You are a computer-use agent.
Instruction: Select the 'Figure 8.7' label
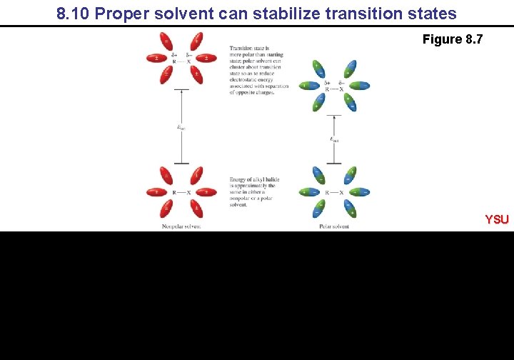pyautogui.click(x=452, y=39)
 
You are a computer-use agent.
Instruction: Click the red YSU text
pyautogui.click(x=497, y=219)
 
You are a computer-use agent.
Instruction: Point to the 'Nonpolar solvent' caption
pyautogui.click(x=181, y=226)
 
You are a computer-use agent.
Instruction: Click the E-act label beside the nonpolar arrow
pyautogui.click(x=181, y=127)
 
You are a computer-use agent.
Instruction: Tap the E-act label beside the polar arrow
pyautogui.click(x=334, y=139)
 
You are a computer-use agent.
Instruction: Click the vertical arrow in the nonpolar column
pyautogui.click(x=181, y=126)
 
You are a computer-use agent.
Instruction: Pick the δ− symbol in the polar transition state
pyautogui.click(x=342, y=83)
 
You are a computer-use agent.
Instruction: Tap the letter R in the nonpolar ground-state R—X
pyautogui.click(x=174, y=192)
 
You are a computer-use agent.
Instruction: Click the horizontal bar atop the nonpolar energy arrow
pyautogui.click(x=181, y=89)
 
